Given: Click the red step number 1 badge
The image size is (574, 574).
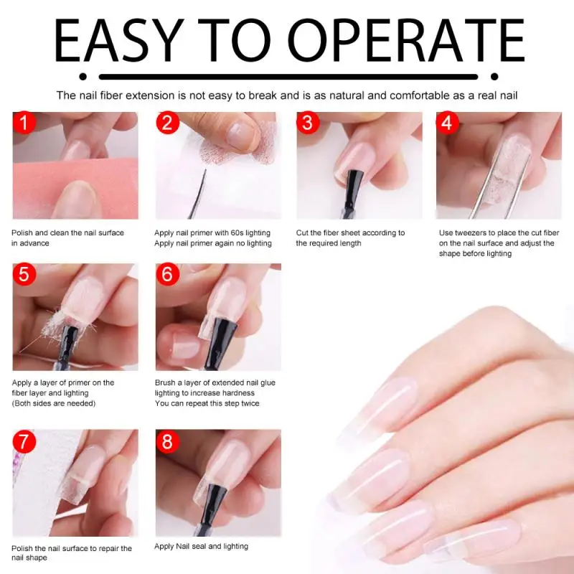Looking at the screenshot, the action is coord(24,122).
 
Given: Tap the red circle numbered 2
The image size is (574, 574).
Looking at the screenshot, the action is coord(167,122).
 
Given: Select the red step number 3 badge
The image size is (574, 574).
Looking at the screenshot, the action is coord(308,122).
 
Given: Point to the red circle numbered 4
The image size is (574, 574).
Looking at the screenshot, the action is coord(447,122).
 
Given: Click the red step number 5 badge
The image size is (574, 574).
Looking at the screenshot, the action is coord(24,274).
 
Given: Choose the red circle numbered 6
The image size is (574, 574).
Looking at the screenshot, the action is coord(167,274).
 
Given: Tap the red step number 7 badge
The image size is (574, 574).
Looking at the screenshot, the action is coord(24,441).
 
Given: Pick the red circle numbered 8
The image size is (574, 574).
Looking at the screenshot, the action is coord(167,441).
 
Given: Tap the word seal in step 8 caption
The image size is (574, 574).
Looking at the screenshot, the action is coord(199,546).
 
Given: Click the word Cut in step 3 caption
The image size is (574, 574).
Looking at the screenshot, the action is coord(302,232).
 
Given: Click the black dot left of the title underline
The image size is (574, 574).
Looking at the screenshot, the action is coord(83,77).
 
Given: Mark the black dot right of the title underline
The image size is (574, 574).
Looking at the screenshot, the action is coord(494,77).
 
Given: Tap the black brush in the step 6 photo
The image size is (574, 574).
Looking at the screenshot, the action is coord(218,342).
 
